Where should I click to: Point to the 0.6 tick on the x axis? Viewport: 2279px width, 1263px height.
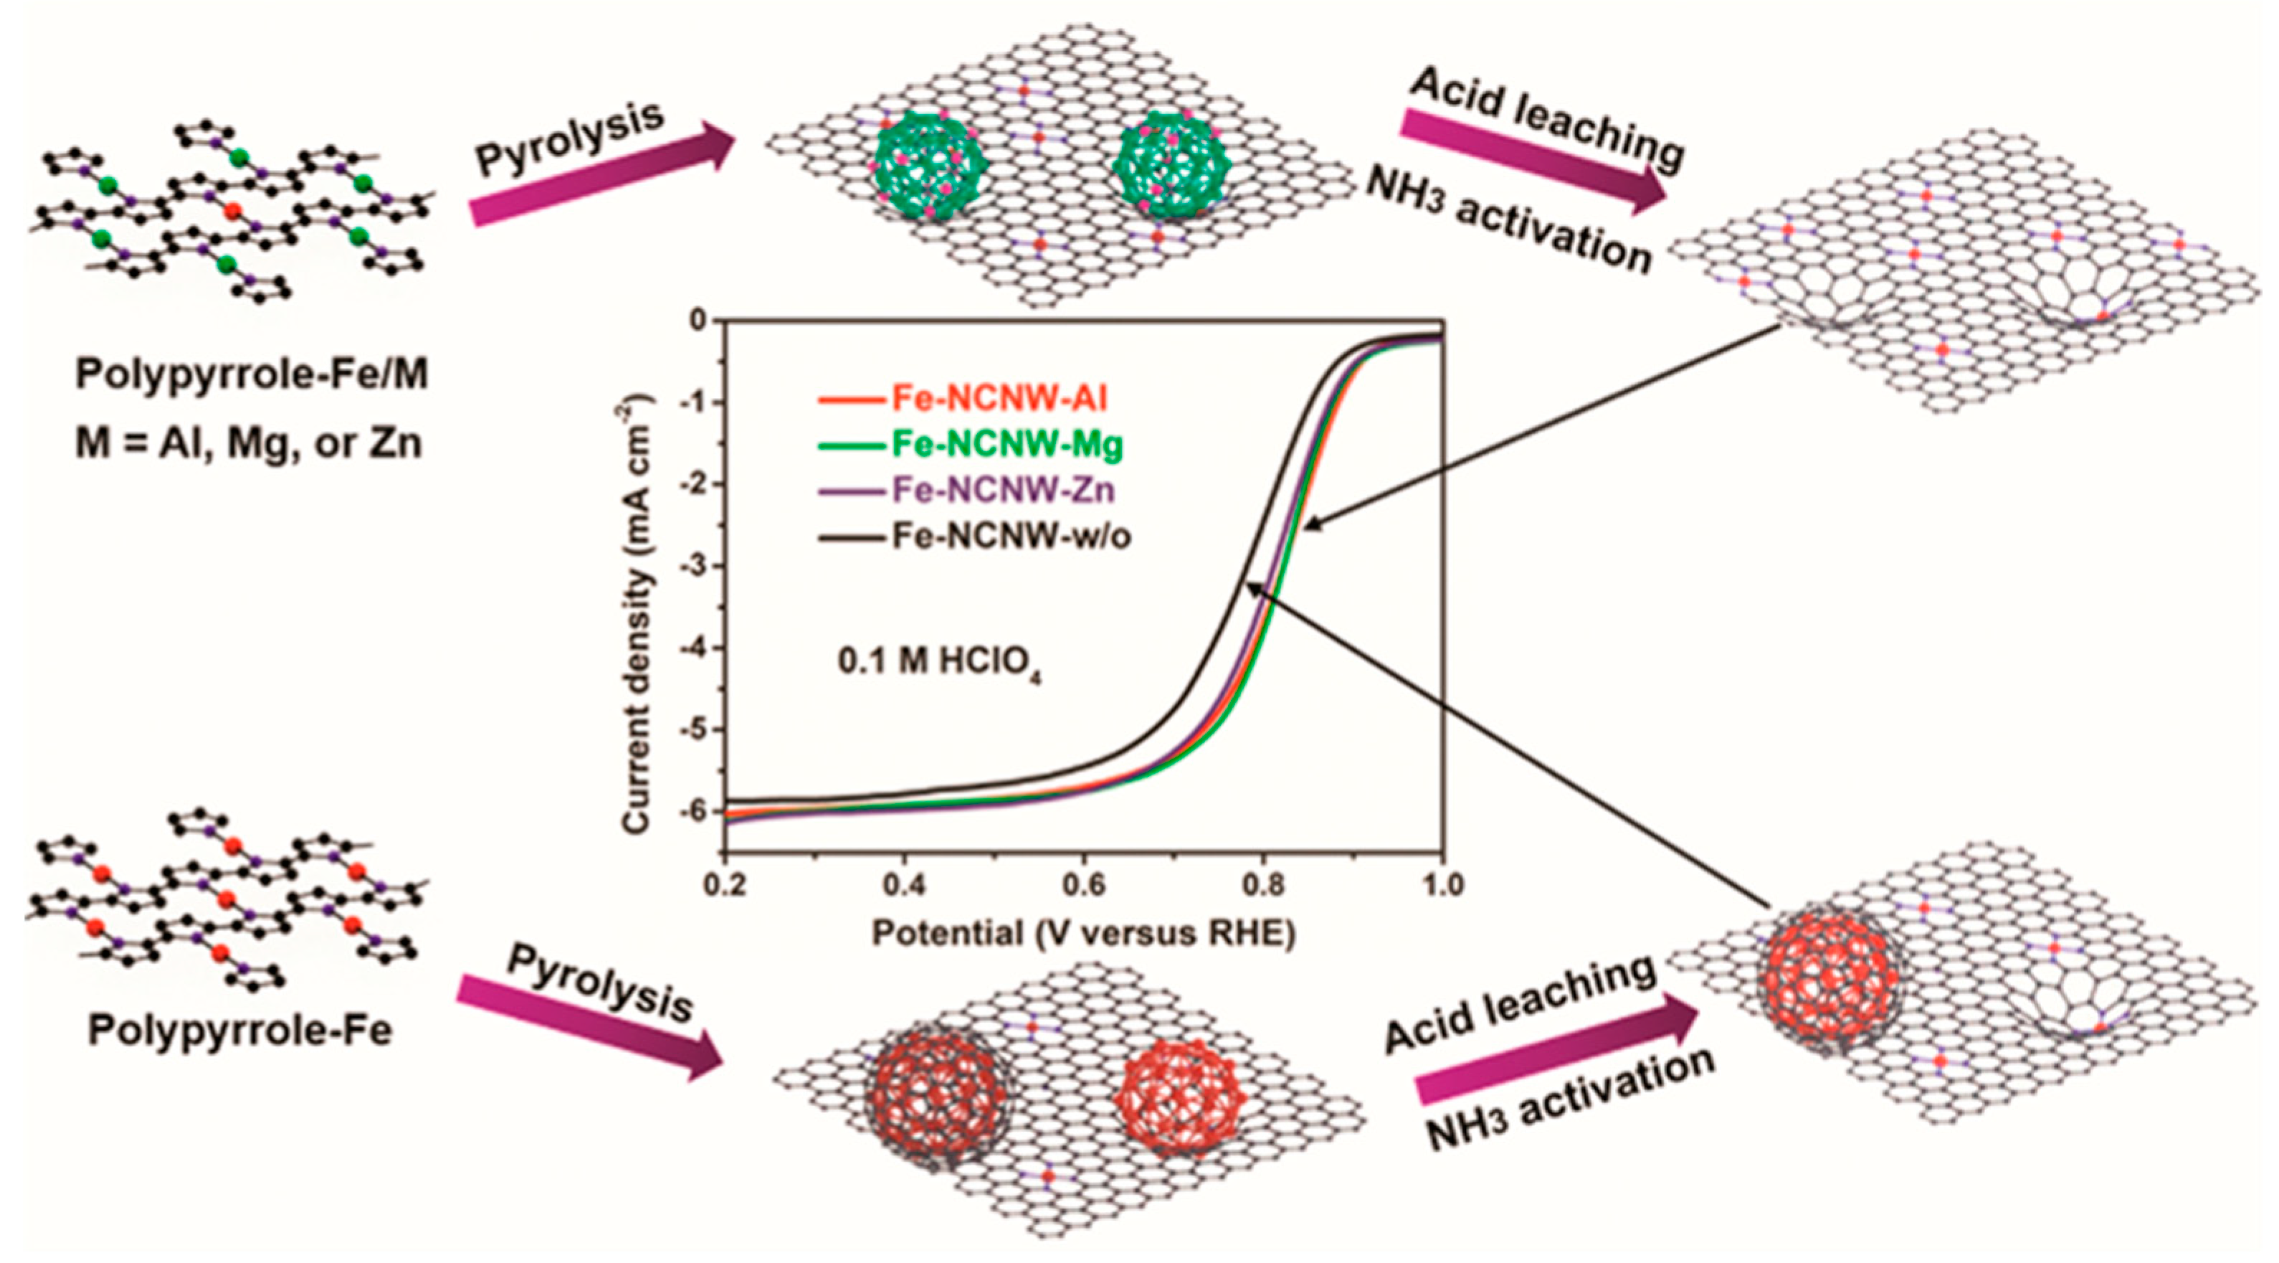click(x=1085, y=885)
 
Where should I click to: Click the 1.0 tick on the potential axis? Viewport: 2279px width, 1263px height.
click(x=1443, y=885)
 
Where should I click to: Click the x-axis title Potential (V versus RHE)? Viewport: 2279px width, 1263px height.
click(x=1083, y=933)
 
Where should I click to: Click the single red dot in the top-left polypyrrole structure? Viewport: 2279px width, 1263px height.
click(x=232, y=211)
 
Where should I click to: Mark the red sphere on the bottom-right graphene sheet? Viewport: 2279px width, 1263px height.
click(x=1829, y=980)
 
